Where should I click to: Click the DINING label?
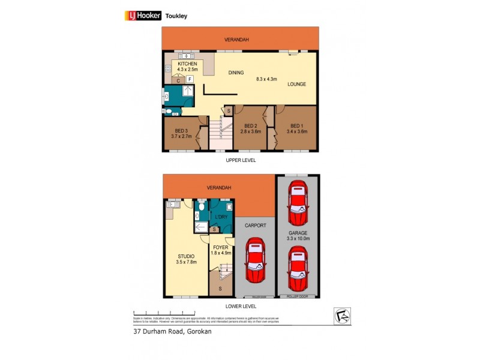click(x=236, y=73)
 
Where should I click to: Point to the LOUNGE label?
click(x=296, y=84)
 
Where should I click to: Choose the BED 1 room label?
click(x=296, y=126)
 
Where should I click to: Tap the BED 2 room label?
click(x=251, y=126)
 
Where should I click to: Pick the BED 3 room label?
click(x=182, y=130)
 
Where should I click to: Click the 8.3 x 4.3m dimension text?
click(x=268, y=79)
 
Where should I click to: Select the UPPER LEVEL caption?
click(x=240, y=161)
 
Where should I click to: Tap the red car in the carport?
click(x=255, y=262)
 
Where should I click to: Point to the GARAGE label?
click(x=297, y=232)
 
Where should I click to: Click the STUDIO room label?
click(x=186, y=256)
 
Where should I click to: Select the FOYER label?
click(x=221, y=247)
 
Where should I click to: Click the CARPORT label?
click(x=255, y=225)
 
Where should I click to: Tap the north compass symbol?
click(x=341, y=316)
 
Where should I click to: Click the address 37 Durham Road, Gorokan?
click(x=173, y=331)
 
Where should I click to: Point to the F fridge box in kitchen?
click(x=190, y=79)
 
